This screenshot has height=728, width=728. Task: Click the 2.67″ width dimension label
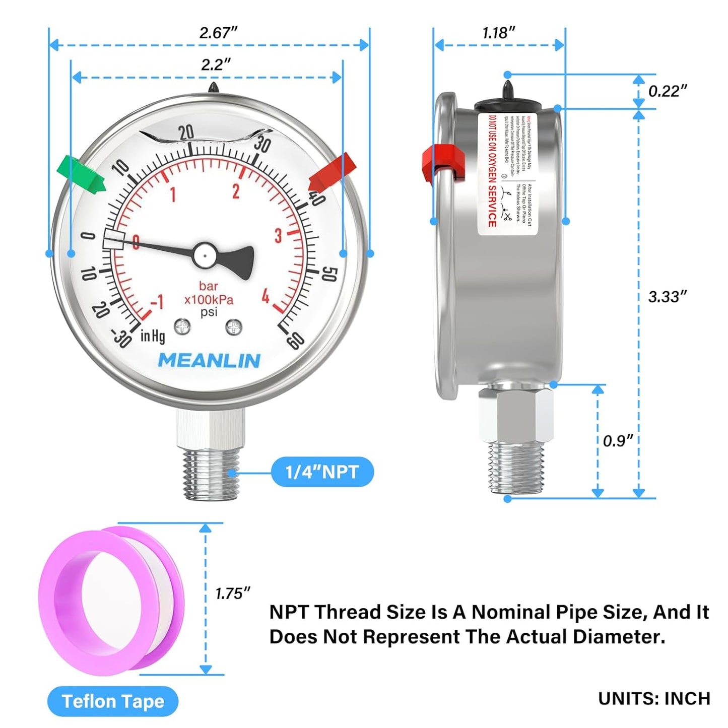[x=218, y=33]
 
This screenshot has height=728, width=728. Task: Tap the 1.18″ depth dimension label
[x=499, y=33]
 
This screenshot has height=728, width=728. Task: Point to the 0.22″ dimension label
[x=667, y=91]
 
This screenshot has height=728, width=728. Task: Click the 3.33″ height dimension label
[x=667, y=297]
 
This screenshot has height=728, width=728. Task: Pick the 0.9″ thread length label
[x=618, y=441]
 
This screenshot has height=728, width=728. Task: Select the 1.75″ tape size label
[x=232, y=593]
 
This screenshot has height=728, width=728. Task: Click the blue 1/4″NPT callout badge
[x=322, y=472]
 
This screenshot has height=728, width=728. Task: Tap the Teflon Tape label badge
[x=113, y=701]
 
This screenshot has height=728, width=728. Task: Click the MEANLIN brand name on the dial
[x=209, y=360]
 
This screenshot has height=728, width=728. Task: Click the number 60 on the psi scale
[x=295, y=341]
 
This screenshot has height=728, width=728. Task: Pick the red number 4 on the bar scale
[x=266, y=297]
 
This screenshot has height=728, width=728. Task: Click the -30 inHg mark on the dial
[x=121, y=337]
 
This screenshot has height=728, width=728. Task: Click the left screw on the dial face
[x=182, y=327]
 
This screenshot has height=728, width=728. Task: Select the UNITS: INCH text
[x=654, y=699]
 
